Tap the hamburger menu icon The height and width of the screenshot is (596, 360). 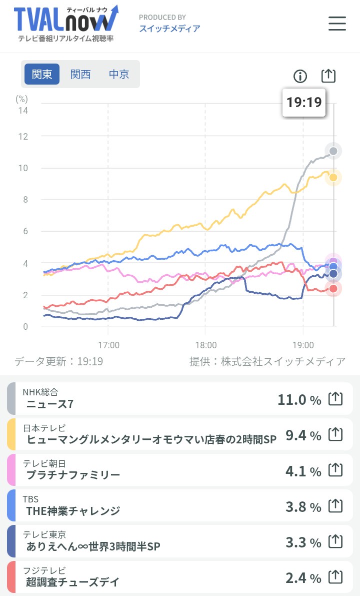tap(337, 24)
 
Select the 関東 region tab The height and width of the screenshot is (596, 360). tap(42, 74)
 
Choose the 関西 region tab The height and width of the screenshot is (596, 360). tap(80, 74)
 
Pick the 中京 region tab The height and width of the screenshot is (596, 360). tap(119, 74)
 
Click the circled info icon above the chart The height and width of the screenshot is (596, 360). tap(300, 76)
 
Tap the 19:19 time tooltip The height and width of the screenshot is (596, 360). tap(303, 103)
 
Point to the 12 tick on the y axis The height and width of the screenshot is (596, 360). tap(22, 137)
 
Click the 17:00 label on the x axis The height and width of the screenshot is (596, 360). tap(108, 345)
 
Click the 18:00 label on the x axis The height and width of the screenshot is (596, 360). tap(206, 345)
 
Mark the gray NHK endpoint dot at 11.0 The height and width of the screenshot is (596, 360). tap(333, 151)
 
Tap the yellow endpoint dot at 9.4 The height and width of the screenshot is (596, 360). tap(333, 178)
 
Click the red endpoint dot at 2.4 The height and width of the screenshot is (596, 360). tap(333, 288)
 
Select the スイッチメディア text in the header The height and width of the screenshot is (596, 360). tap(169, 29)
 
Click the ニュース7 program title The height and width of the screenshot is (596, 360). tap(50, 404)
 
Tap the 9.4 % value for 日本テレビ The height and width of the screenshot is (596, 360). tap(303, 435)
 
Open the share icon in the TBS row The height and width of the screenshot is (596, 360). tap(335, 506)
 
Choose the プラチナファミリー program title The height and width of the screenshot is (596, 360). tap(73, 475)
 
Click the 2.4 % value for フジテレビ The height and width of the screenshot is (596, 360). tap(303, 578)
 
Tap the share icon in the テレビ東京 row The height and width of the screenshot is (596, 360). tap(335, 542)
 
